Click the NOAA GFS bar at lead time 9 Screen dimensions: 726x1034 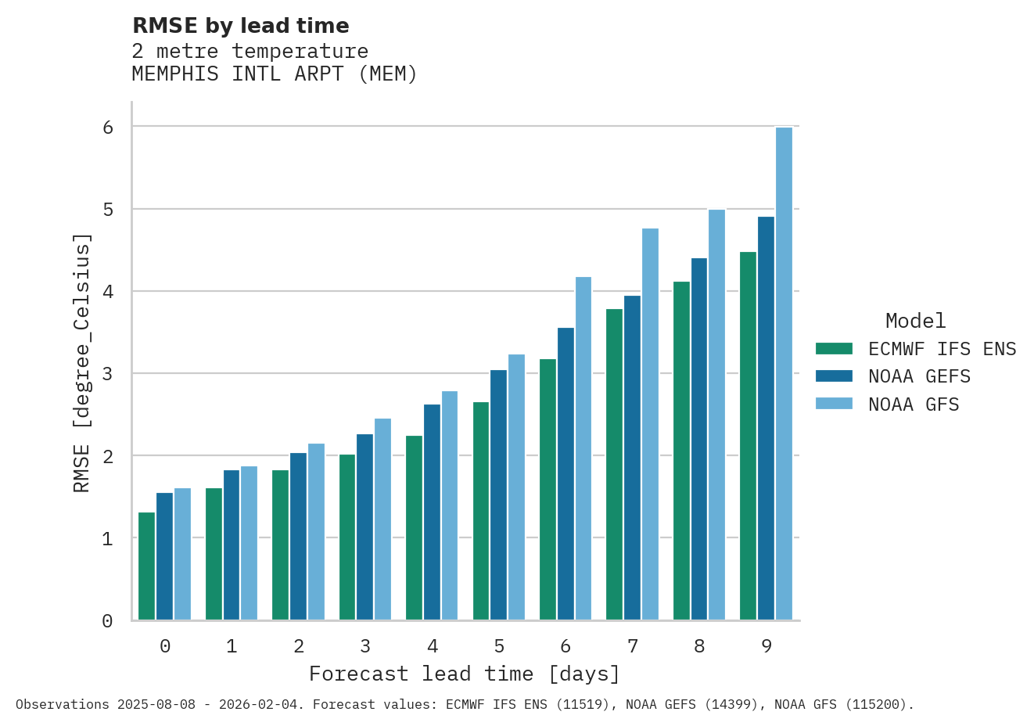pyautogui.click(x=784, y=373)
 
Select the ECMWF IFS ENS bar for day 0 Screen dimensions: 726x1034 pyautogui.click(x=146, y=566)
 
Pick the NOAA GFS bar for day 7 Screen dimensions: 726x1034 pyautogui.click(x=650, y=424)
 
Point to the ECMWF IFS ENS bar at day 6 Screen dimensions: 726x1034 pyautogui.click(x=548, y=489)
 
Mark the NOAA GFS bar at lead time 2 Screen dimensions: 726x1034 pyautogui.click(x=316, y=532)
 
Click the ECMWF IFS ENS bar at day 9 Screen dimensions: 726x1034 pyautogui.click(x=748, y=436)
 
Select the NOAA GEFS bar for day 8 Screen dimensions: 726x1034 pyautogui.click(x=699, y=439)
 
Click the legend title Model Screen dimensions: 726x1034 pyautogui.click(x=915, y=321)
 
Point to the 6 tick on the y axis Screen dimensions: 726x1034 pyautogui.click(x=108, y=127)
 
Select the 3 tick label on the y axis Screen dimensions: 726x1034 pyautogui.click(x=108, y=374)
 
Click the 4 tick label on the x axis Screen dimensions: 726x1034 pyautogui.click(x=433, y=646)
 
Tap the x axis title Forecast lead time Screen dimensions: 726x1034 pyautogui.click(x=465, y=674)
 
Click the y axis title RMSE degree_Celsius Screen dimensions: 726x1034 pyautogui.click(x=82, y=363)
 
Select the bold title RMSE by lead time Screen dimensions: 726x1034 pyautogui.click(x=241, y=26)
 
